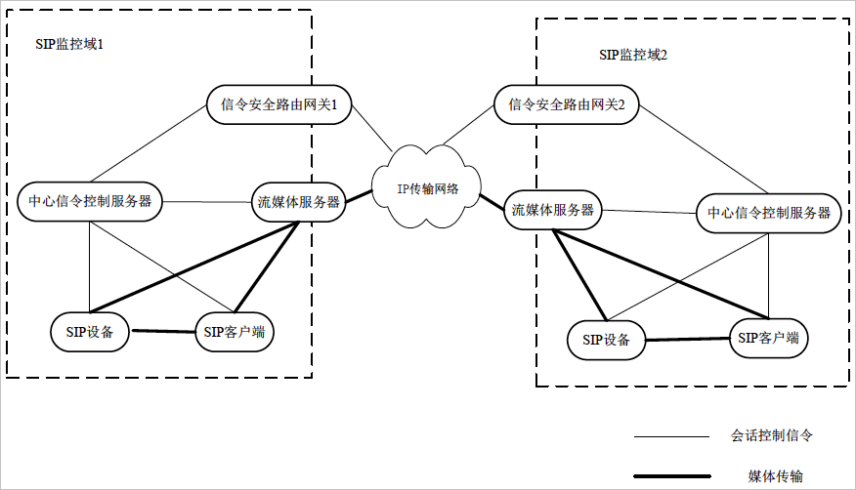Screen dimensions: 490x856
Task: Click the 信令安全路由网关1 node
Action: pyautogui.click(x=279, y=104)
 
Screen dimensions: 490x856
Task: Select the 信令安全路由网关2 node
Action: pyautogui.click(x=567, y=104)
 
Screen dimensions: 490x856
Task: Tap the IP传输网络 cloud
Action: pyautogui.click(x=428, y=188)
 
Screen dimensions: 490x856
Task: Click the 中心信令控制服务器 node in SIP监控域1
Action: pyautogui.click(x=90, y=202)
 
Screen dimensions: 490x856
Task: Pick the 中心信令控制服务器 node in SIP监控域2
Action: pyautogui.click(x=768, y=212)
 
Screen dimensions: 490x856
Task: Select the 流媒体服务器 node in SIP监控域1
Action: pyautogui.click(x=298, y=202)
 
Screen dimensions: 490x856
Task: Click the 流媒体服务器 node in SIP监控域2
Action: pyautogui.click(x=553, y=211)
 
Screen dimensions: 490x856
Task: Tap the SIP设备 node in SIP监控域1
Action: pyautogui.click(x=90, y=332)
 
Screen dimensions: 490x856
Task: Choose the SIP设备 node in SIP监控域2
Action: pyautogui.click(x=606, y=340)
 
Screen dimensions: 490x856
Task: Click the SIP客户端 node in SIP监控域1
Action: pyautogui.click(x=235, y=333)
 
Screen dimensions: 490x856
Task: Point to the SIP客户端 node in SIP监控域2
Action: pyautogui.click(x=769, y=339)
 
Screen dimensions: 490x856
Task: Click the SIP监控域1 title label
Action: pyautogui.click(x=68, y=45)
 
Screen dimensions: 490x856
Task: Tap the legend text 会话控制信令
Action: pyautogui.click(x=772, y=435)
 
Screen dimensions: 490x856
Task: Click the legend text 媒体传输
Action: pyautogui.click(x=776, y=475)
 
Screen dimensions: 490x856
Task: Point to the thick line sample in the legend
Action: pyautogui.click(x=671, y=476)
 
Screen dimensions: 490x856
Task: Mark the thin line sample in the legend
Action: pyautogui.click(x=671, y=436)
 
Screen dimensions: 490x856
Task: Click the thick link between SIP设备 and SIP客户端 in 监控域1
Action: pyautogui.click(x=163, y=332)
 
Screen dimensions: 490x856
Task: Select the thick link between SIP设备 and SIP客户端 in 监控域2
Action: pyautogui.click(x=688, y=340)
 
